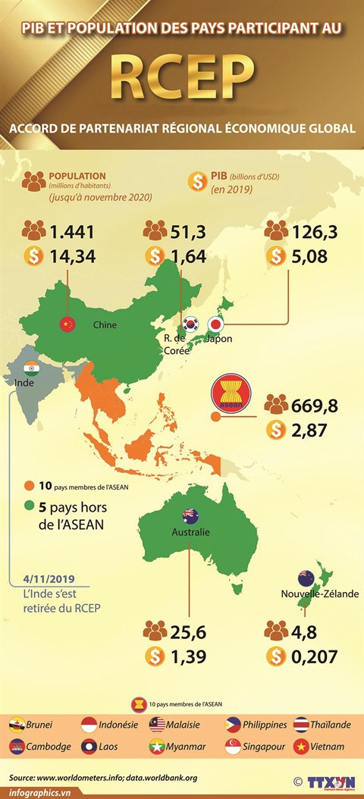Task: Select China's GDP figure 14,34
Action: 73,257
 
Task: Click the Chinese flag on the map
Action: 68,324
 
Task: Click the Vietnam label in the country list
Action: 326,747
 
